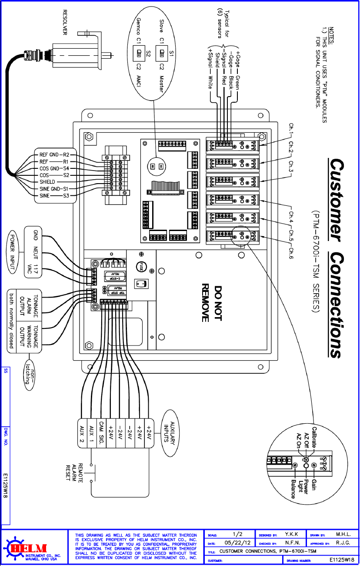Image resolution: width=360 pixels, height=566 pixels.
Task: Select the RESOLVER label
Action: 67,22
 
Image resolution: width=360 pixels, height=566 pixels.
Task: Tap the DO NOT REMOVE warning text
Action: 212,303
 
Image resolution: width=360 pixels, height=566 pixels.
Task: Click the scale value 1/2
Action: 237,534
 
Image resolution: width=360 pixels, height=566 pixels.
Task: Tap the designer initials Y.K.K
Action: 291,534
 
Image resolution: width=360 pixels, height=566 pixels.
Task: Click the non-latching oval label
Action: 29,375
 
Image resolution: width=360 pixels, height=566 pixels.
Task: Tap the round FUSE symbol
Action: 141,266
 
